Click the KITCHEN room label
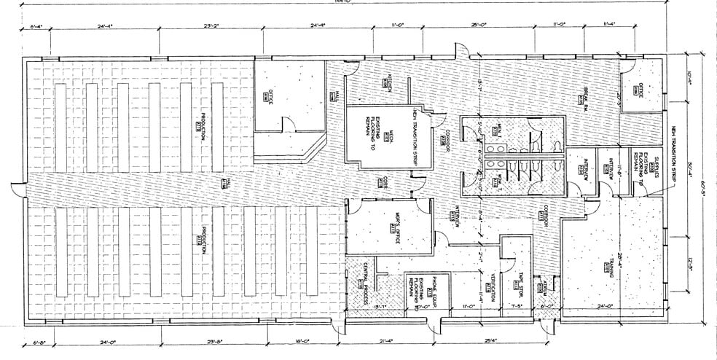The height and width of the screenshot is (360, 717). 390,82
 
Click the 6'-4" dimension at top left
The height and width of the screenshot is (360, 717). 38,27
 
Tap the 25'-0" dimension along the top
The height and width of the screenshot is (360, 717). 479,26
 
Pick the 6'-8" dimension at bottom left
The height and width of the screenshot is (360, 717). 41,341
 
